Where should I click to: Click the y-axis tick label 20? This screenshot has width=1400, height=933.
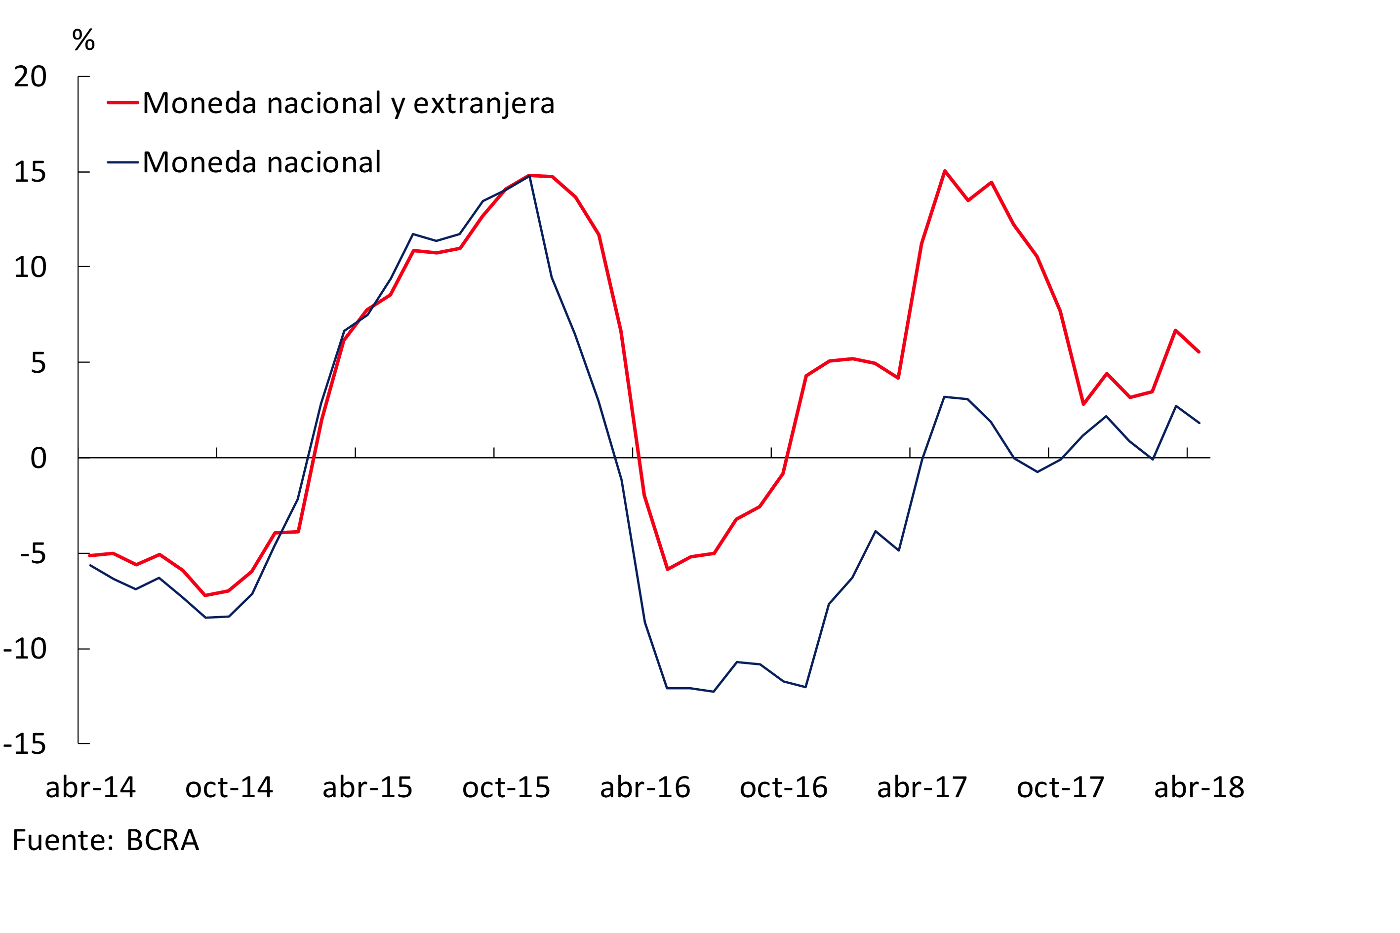click(30, 77)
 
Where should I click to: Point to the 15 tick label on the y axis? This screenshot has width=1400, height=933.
click(30, 173)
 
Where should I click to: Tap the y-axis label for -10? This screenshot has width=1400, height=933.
click(25, 649)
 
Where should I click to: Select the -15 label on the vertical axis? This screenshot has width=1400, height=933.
click(25, 744)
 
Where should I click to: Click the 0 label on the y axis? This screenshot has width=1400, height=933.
click(39, 458)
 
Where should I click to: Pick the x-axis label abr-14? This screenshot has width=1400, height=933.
click(90, 787)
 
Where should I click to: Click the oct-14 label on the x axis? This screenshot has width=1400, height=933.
click(229, 787)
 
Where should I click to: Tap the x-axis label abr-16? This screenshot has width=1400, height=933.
click(645, 787)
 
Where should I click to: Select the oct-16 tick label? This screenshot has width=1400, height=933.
click(784, 787)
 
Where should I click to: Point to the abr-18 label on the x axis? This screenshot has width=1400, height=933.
click(1200, 787)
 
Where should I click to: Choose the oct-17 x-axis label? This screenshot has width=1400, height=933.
click(1061, 787)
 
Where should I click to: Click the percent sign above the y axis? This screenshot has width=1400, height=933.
click(83, 40)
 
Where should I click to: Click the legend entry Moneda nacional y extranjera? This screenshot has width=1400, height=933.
click(348, 103)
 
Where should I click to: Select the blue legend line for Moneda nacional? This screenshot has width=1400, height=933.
click(122, 162)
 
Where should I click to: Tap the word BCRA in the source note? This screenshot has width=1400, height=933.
click(162, 840)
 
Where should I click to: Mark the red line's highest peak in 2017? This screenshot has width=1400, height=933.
click(945, 171)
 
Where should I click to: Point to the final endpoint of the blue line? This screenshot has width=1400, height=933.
click(1199, 423)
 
